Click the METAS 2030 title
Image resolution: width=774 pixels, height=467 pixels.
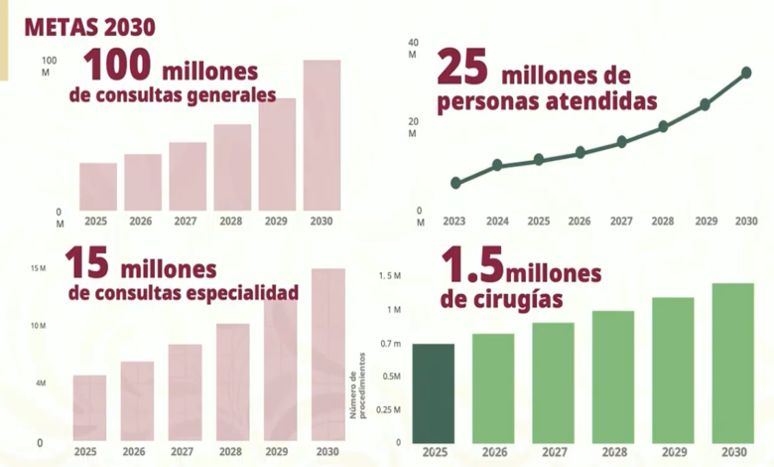pos(90,27)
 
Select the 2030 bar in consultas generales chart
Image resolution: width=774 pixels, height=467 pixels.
pos(322,135)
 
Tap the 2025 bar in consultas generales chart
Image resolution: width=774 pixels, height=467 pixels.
pos(98,187)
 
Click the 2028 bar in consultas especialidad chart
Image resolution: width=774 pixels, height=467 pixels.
pos(233,382)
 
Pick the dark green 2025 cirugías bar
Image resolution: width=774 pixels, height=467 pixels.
pos(434,393)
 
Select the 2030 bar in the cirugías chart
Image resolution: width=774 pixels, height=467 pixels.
pos(733,364)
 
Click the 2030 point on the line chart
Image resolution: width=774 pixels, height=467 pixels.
pos(746,73)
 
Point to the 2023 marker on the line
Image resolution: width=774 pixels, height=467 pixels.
pos(455,183)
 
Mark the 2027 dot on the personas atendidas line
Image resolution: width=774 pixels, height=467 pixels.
pos(622,142)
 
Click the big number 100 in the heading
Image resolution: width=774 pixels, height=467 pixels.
pos(117,65)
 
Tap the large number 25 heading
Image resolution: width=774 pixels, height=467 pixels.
pos(462,68)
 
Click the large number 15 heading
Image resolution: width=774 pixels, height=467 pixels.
pos(87,262)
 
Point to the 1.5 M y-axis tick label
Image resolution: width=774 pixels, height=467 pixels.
pos(390,276)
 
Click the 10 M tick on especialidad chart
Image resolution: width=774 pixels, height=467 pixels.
pos(38,326)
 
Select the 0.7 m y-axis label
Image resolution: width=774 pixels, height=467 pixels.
pos(391,344)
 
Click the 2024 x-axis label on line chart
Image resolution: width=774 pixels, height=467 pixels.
pos(497,221)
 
